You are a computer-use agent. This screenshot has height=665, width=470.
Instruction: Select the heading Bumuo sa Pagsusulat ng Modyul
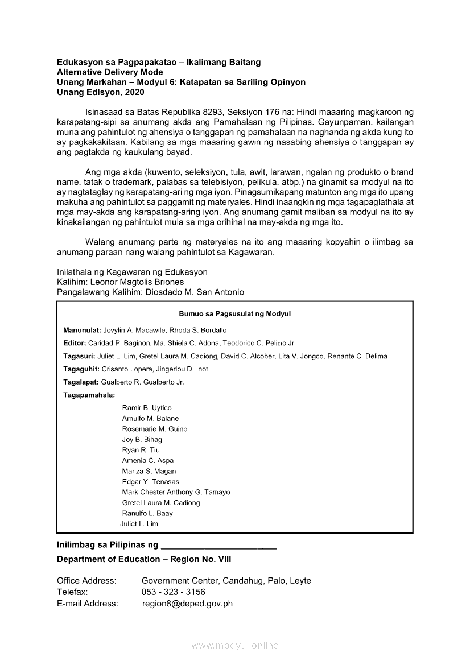[x=235, y=313]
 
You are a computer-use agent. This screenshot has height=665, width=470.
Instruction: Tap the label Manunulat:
[x=82, y=330]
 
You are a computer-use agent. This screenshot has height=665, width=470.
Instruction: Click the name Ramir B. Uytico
[x=147, y=408]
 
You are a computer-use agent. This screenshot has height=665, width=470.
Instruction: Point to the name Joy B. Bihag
[x=142, y=440]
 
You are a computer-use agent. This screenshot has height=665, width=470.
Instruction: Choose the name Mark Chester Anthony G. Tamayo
[x=176, y=492]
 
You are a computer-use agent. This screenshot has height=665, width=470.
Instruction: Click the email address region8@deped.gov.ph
[x=187, y=604]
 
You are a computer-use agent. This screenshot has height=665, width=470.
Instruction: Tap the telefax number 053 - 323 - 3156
[x=174, y=592]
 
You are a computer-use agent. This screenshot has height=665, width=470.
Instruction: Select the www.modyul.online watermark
[x=235, y=645]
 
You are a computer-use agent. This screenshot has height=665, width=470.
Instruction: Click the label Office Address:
[x=86, y=581]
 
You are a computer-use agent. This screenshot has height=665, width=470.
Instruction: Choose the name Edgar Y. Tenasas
[x=150, y=482]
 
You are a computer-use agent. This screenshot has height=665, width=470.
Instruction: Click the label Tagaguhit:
[x=81, y=369]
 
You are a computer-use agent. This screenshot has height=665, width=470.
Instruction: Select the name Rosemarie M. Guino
[x=154, y=429]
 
